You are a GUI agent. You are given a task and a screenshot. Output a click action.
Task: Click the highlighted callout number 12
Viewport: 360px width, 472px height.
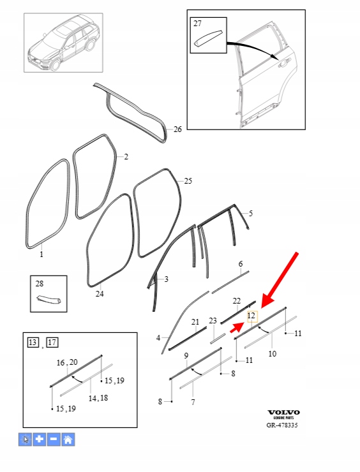(x=251, y=316)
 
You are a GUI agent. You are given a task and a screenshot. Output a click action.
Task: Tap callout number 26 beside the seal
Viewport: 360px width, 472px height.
(x=177, y=129)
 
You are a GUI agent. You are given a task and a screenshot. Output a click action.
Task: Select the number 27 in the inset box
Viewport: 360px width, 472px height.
(x=197, y=23)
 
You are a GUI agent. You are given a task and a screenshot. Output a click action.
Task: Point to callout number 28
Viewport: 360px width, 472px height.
(x=40, y=284)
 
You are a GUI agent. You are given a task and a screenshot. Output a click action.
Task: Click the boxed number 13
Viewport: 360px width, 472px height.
(x=33, y=343)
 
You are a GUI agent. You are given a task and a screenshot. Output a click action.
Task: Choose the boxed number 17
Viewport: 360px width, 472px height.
(x=52, y=343)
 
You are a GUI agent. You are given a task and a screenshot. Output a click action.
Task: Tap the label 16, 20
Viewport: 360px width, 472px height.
(x=67, y=362)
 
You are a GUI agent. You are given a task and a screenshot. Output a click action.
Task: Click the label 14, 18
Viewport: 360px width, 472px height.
(x=98, y=398)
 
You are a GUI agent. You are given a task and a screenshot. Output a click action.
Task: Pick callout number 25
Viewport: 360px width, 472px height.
(x=188, y=181)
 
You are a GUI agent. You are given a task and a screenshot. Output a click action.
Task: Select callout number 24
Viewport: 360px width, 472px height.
(x=100, y=293)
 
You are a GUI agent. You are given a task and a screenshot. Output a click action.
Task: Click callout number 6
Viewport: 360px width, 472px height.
(x=241, y=264)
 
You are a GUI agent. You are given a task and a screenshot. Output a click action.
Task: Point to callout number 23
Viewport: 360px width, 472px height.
(x=213, y=321)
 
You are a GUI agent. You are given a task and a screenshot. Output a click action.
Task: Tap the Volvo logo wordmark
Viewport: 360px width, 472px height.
(x=284, y=413)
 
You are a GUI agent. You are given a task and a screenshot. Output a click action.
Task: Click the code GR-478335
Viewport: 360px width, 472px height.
(x=282, y=425)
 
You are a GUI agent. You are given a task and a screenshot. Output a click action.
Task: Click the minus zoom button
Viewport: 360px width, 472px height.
(x=54, y=439)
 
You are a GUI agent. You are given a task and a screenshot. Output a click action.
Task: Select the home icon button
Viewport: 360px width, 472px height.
(x=68, y=439)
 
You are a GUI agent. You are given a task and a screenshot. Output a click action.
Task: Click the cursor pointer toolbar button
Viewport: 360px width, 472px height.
(x=25, y=439)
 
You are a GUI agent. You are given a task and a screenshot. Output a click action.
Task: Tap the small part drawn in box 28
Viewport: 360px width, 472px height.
(x=49, y=300)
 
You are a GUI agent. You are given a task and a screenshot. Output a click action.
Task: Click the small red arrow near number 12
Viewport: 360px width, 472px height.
(x=237, y=327)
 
